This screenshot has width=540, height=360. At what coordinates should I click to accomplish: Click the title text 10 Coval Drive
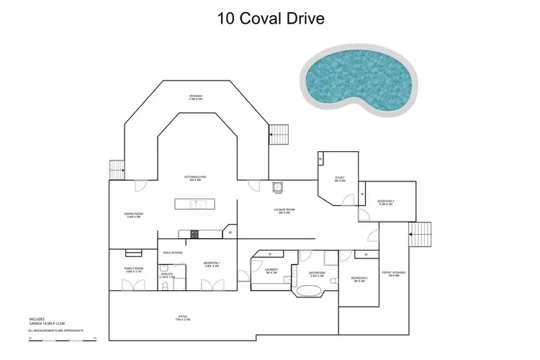pos(270,18)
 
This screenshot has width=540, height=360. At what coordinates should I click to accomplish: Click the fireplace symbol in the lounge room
pos(277,187)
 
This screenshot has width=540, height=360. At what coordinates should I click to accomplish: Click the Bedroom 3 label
pos(387,202)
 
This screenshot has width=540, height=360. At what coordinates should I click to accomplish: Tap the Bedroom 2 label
pos(359,279)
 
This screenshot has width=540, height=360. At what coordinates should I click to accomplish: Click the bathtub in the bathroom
pos(310,292)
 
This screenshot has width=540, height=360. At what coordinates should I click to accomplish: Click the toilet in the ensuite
pos(165,286)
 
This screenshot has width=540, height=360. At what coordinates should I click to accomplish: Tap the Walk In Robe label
pos(172,253)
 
